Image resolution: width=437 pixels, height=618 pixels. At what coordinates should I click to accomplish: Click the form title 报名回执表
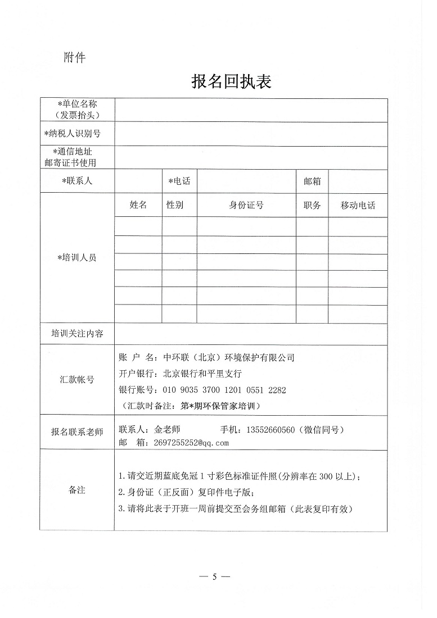pos(231,82)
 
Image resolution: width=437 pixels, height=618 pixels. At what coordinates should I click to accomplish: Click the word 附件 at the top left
pos(74,57)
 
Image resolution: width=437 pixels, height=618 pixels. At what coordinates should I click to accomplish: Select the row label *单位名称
pos(78,104)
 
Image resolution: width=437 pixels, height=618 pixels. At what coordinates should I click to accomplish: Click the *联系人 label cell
pos(77,181)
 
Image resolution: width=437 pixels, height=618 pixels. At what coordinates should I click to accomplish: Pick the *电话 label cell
pos(179,181)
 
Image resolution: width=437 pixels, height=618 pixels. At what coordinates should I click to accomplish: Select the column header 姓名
pos(138,205)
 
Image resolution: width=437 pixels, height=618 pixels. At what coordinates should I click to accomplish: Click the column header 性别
pos(175,205)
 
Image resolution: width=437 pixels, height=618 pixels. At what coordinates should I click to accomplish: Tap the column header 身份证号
pos(246,205)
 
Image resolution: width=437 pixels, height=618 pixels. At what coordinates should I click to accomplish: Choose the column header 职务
pos(312,205)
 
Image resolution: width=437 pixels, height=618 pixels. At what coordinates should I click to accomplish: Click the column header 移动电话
pos(358,205)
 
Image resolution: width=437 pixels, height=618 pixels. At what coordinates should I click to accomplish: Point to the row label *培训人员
pos(77,258)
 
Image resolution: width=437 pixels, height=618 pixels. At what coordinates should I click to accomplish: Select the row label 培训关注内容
pos(77,333)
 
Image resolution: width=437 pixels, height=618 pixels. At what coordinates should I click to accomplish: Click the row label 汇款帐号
pos(77,380)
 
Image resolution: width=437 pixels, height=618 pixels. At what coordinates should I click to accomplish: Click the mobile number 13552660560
pos(271,430)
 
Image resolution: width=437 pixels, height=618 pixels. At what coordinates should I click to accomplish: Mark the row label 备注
pos(77,490)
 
